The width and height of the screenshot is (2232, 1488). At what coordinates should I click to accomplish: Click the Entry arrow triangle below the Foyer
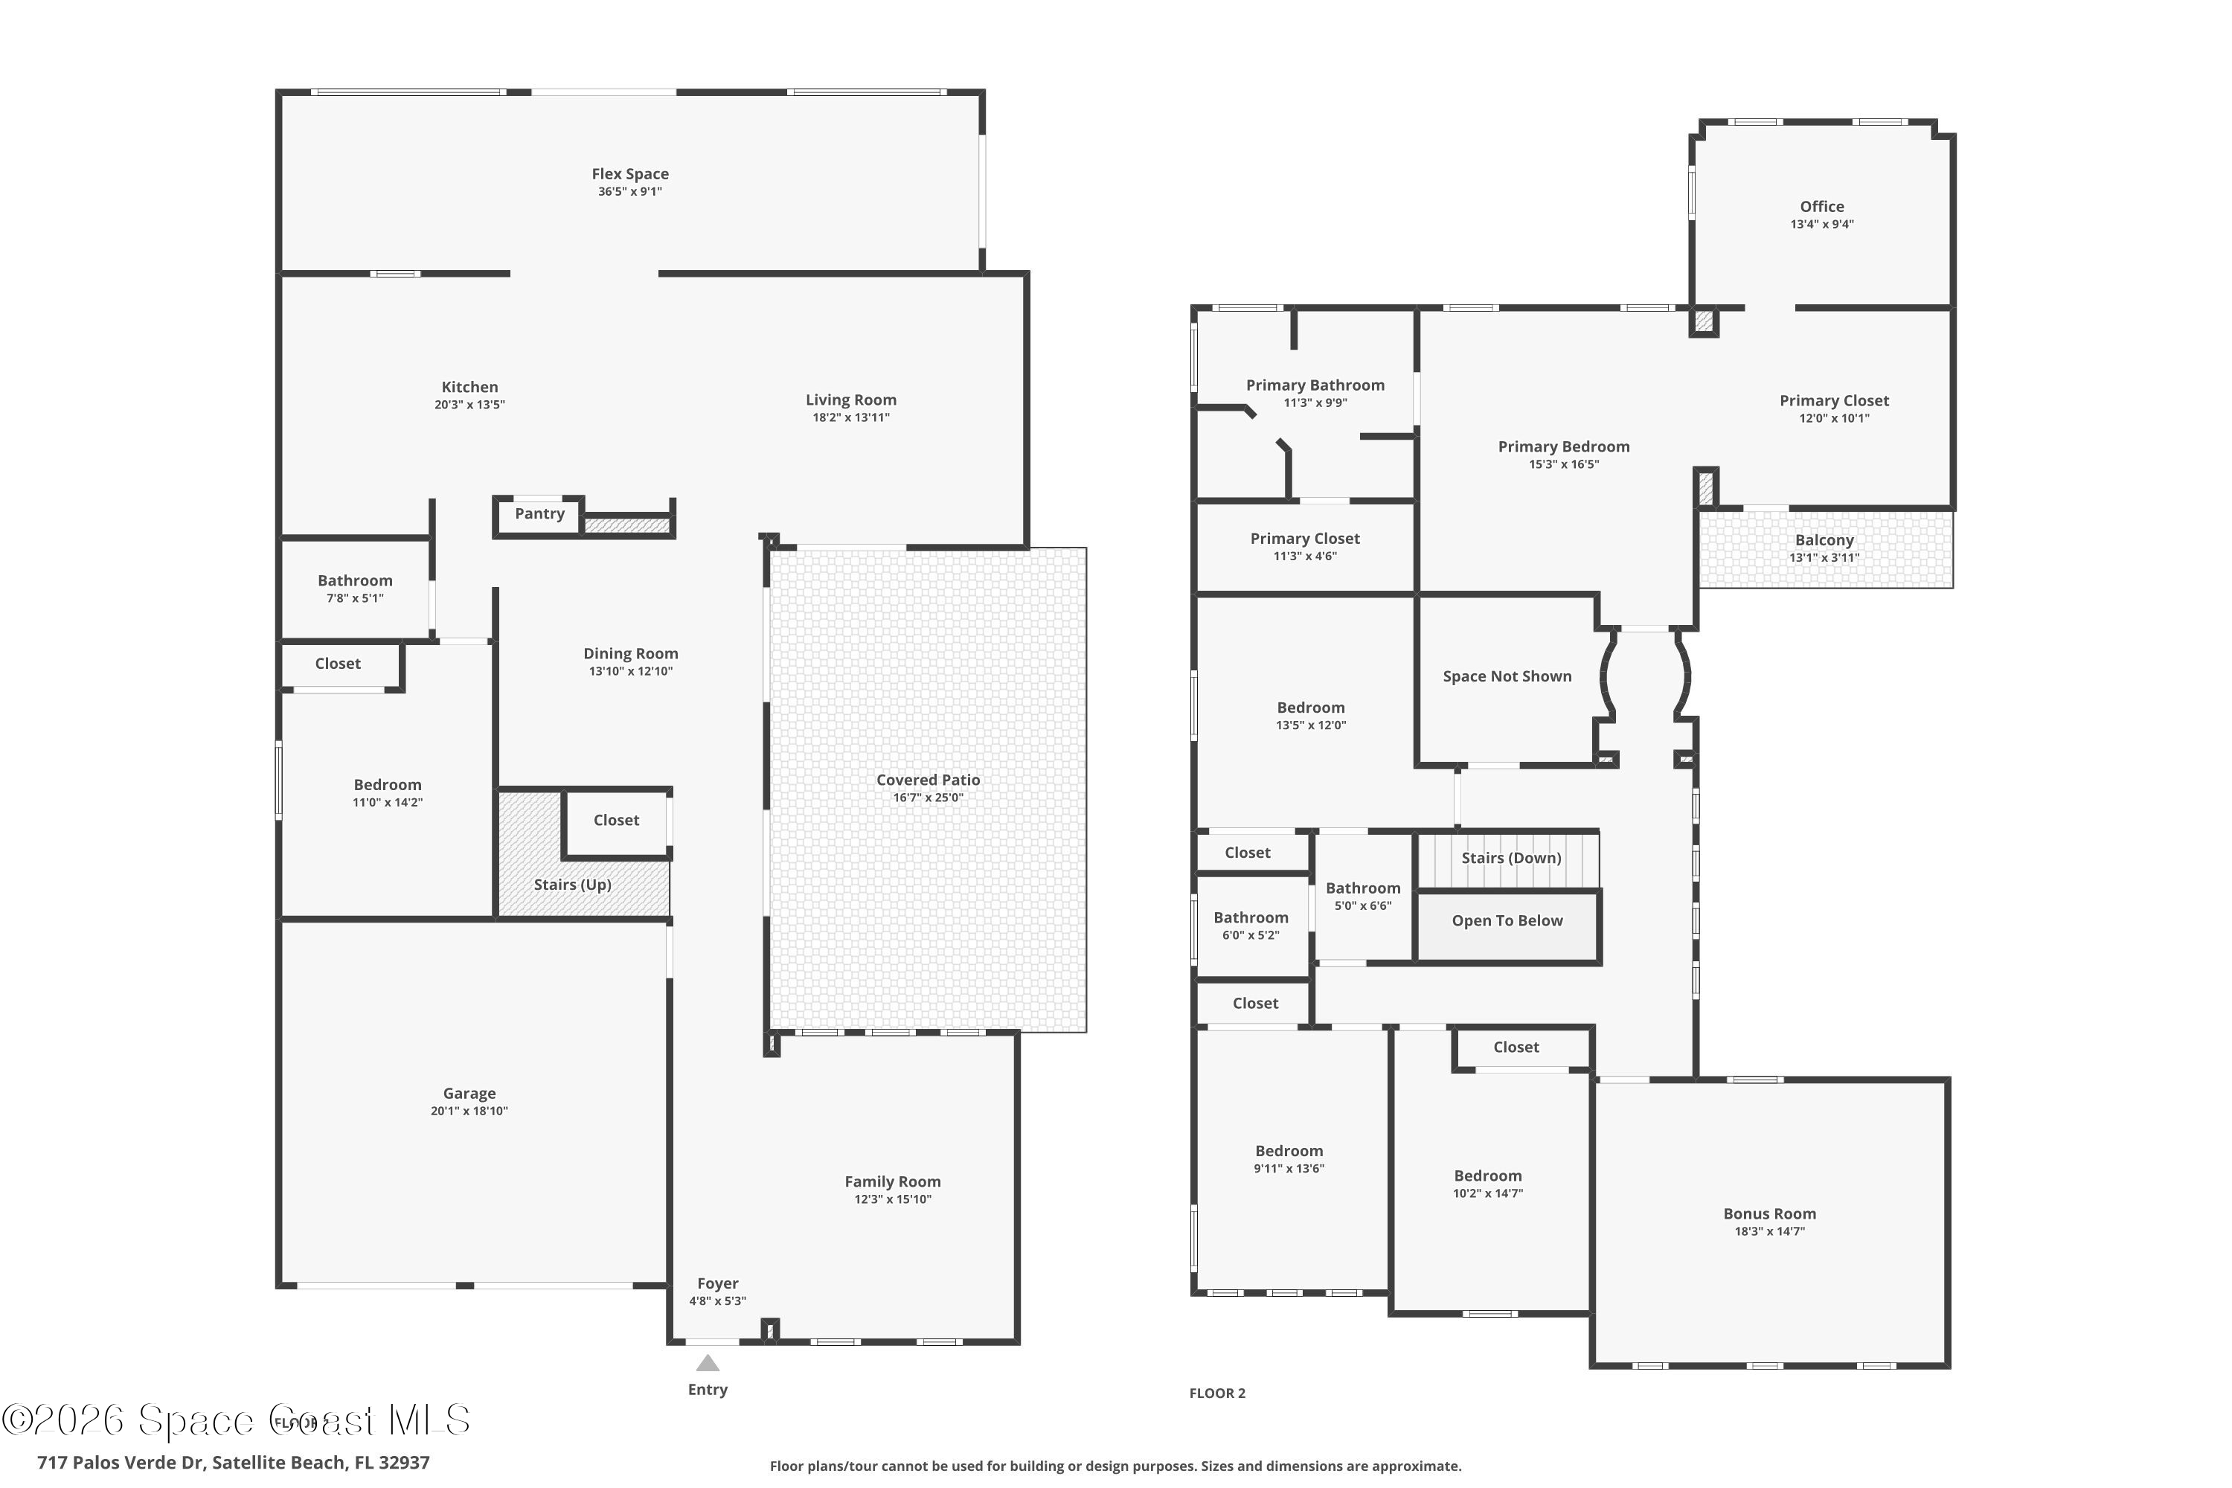point(708,1364)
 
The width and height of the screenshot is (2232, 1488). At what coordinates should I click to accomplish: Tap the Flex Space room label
point(630,173)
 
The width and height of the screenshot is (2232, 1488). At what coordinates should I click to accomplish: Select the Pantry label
point(539,513)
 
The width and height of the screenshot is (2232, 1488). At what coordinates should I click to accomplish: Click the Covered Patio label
point(927,780)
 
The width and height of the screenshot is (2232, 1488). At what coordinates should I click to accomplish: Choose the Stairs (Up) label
point(572,885)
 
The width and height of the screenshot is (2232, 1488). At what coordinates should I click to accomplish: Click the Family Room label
point(892,1181)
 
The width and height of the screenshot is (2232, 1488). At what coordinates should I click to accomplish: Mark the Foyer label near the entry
point(717,1283)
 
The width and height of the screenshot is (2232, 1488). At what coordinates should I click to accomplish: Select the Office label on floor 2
point(1821,207)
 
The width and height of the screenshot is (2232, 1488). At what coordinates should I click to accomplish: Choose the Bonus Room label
point(1769,1213)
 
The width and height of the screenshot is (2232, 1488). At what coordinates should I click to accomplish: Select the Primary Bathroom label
point(1315,385)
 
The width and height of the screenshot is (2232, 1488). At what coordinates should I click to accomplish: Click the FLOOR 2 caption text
point(1216,1393)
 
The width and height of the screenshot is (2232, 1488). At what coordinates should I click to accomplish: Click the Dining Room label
point(630,654)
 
